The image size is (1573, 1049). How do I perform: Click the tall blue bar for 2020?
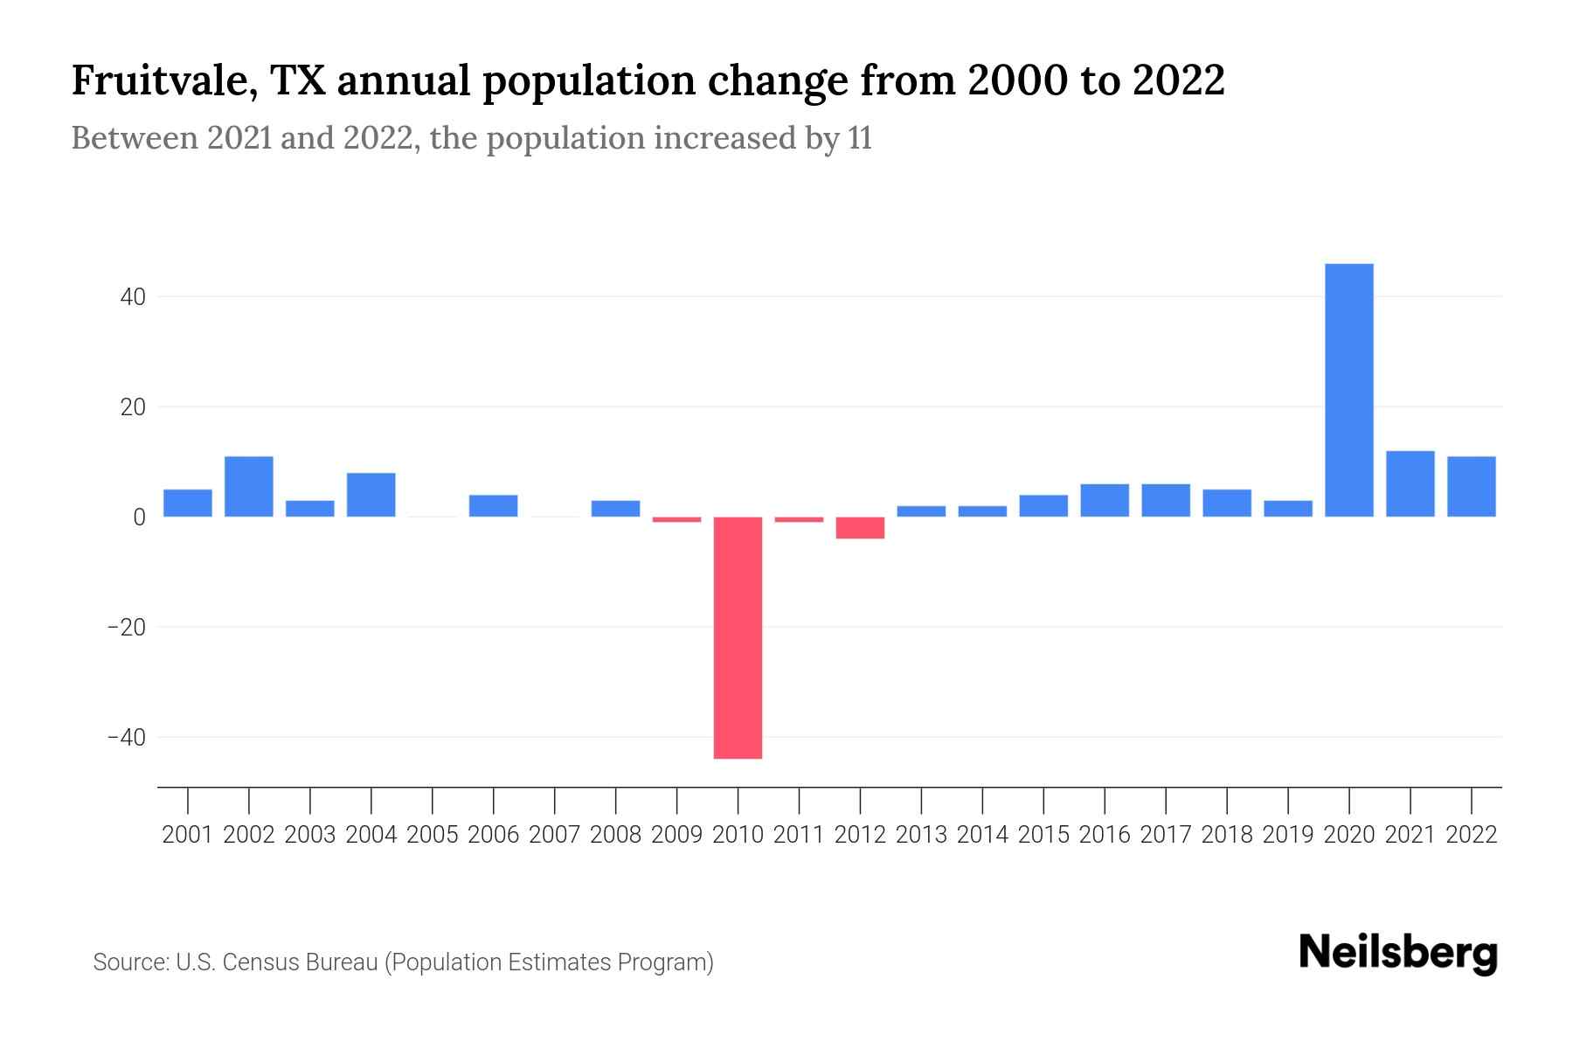click(x=1348, y=390)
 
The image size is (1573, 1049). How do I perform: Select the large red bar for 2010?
click(x=738, y=637)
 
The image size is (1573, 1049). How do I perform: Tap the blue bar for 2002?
click(x=249, y=486)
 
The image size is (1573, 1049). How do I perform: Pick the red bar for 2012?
click(x=860, y=527)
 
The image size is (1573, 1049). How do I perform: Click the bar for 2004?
click(x=371, y=495)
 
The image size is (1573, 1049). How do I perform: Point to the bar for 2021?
click(x=1410, y=483)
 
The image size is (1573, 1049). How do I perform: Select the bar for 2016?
click(x=1105, y=500)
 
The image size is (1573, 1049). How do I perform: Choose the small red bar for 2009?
click(x=676, y=520)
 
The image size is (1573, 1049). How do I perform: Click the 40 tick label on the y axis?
click(x=133, y=297)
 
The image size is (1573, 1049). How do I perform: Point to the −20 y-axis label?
click(x=126, y=628)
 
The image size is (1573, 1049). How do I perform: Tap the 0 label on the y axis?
click(x=139, y=518)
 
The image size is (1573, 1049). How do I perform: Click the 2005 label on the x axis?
click(x=433, y=835)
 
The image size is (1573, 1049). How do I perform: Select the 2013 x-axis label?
click(x=921, y=835)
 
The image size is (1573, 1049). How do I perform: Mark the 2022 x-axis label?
click(x=1472, y=835)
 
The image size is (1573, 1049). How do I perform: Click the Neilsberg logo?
click(x=1398, y=953)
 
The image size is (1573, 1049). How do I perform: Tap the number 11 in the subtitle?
click(x=860, y=138)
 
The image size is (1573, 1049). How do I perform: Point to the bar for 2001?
click(x=188, y=503)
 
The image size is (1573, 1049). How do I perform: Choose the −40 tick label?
click(x=126, y=738)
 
